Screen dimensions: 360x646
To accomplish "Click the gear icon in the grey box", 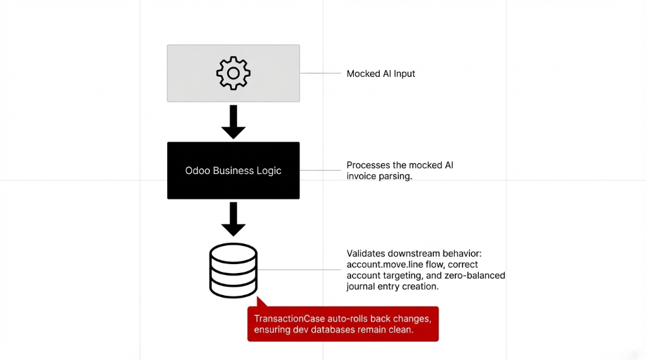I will [x=233, y=73].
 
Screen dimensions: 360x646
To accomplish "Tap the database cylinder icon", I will [x=233, y=270].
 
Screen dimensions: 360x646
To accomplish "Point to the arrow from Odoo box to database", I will [x=233, y=219].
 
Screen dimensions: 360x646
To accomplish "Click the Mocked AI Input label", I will [x=381, y=74].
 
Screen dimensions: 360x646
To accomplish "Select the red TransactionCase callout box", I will [x=343, y=324].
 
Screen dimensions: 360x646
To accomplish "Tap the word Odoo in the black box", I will [x=197, y=171].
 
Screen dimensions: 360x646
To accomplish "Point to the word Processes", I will [x=368, y=165].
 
